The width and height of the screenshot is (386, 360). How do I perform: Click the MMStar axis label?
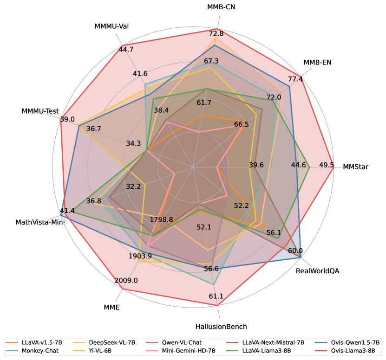pos(355,167)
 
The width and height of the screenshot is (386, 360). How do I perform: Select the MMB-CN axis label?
pos(221,7)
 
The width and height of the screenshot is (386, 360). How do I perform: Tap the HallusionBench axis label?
pos(221,327)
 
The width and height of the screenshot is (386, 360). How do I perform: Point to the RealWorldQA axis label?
pos(317,271)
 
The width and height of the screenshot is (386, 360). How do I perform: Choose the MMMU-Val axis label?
pos(111,26)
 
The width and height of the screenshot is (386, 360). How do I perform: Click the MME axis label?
pos(111,307)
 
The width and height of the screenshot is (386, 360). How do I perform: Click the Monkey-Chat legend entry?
pos(40,351)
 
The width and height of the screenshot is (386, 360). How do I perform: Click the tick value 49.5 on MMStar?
pos(326,165)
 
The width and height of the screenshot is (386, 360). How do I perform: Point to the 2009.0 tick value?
pos(126,281)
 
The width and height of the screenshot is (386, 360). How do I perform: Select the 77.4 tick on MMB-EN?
pos(295,79)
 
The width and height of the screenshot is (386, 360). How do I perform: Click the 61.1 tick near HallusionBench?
pos(216,296)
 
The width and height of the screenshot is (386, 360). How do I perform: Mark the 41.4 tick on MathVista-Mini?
pos(67,211)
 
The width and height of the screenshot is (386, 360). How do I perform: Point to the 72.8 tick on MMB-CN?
pos(216,33)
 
